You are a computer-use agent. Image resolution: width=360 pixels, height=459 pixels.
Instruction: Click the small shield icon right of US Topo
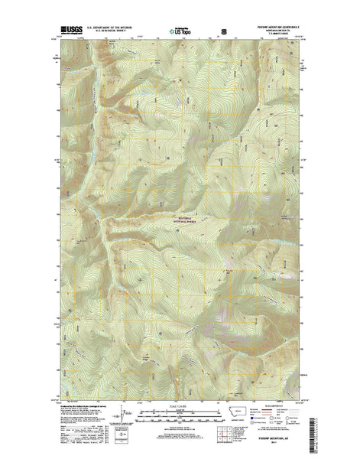[x=224, y=32]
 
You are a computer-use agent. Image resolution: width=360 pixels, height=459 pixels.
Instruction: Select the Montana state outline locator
[x=248, y=413]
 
